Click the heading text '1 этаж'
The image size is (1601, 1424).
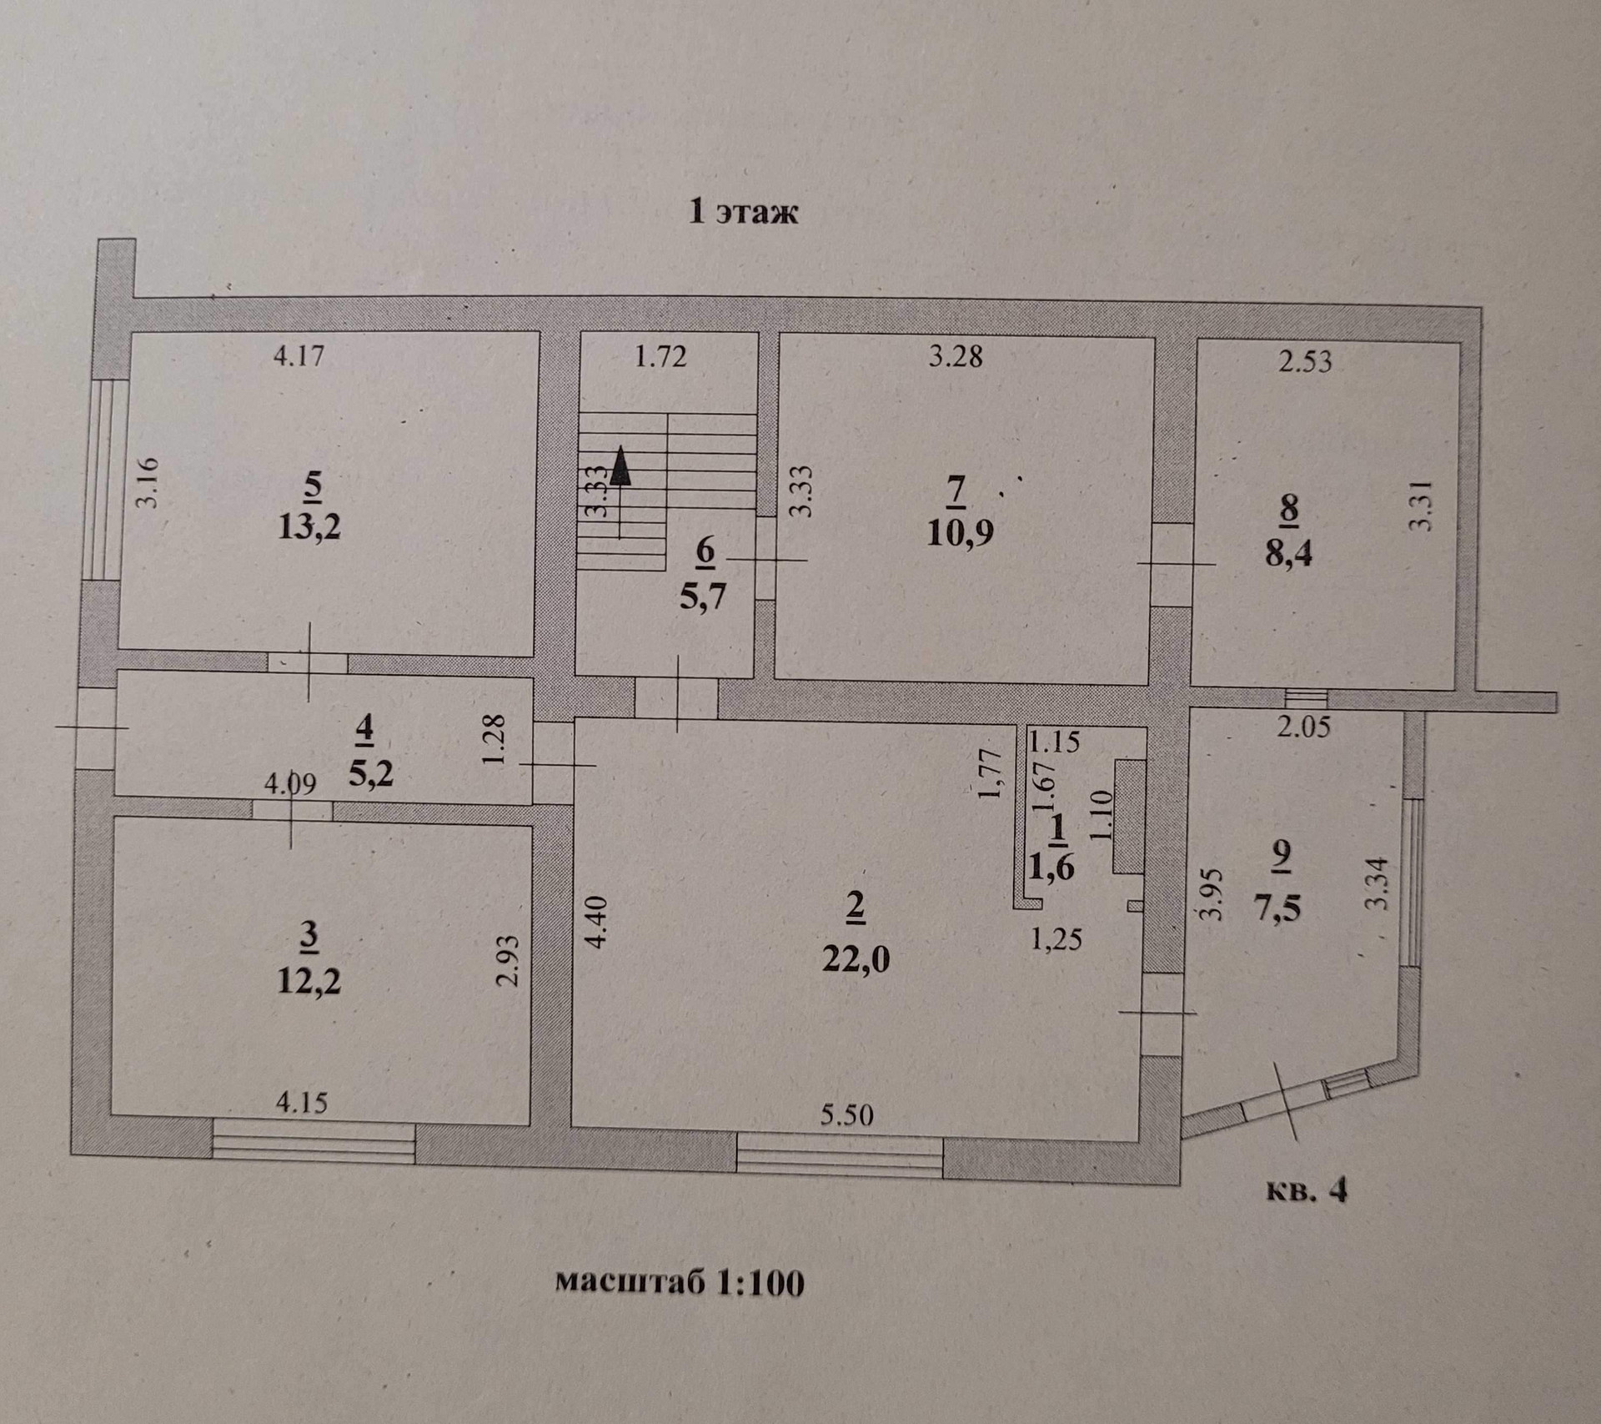pyautogui.click(x=743, y=212)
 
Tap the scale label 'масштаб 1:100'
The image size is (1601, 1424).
pyautogui.click(x=679, y=1306)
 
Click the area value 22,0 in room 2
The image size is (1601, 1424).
pyautogui.click(x=856, y=959)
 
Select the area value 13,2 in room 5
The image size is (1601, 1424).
pyautogui.click(x=309, y=527)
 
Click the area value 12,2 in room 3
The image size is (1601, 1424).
pyautogui.click(x=309, y=981)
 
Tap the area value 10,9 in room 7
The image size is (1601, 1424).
pyautogui.click(x=959, y=531)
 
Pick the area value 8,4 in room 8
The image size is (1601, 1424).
pyautogui.click(x=1288, y=552)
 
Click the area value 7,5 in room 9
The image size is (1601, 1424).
pyautogui.click(x=1282, y=906)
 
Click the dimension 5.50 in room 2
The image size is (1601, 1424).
pyautogui.click(x=846, y=1115)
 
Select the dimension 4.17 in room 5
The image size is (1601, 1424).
pyautogui.click(x=299, y=356)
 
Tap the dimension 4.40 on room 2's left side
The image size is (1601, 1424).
pyautogui.click(x=600, y=920)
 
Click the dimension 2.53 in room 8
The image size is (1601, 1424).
pyautogui.click(x=1305, y=361)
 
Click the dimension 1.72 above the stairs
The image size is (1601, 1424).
pyautogui.click(x=660, y=356)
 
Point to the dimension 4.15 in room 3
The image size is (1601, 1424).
pyautogui.click(x=301, y=1103)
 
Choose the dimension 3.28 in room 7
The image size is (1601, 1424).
pyautogui.click(x=956, y=356)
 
